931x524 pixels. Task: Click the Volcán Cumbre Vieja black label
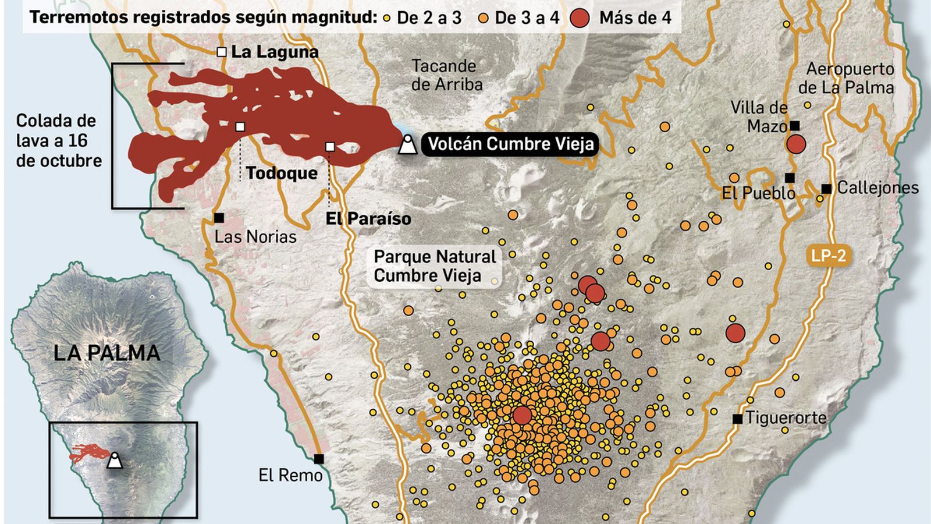511,143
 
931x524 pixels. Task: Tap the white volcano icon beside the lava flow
407,144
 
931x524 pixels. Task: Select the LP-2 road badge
829,255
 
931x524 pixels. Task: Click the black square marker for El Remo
319,458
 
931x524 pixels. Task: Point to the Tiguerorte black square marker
737,419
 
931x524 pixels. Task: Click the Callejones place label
877,187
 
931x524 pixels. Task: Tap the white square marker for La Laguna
221,52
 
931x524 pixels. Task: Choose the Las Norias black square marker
219,218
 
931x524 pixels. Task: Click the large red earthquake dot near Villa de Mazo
795,144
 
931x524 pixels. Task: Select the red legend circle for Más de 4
580,17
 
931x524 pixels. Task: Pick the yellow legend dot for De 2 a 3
387,18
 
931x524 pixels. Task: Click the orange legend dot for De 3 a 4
483,18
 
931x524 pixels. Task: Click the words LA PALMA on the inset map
106,353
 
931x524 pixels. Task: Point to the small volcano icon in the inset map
115,460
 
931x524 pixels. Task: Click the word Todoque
282,173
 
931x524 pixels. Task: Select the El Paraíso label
368,218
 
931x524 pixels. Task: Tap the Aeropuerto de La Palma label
848,78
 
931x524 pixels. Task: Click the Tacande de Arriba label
446,75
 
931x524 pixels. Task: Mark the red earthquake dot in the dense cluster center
522,415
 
